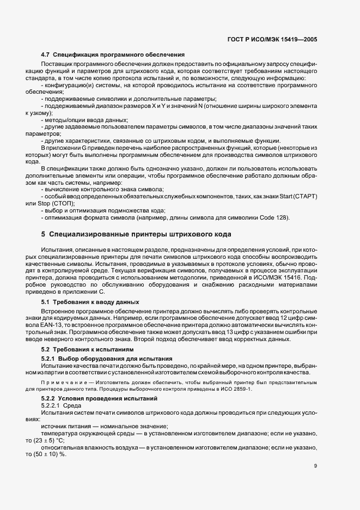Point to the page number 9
pyautogui.click(x=315, y=465)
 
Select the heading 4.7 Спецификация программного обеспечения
pyautogui.click(x=113, y=55)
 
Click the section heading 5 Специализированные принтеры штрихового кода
pyautogui.click(x=136, y=234)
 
